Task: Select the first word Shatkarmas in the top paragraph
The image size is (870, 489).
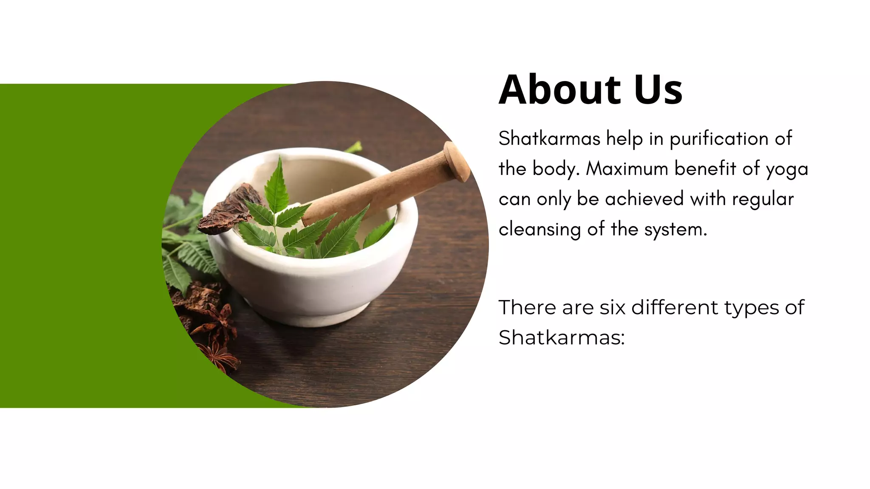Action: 549,138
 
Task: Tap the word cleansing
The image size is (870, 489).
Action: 540,230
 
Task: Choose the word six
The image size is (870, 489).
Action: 613,307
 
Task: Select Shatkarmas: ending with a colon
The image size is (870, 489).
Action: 562,337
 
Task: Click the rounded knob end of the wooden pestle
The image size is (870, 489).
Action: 456,161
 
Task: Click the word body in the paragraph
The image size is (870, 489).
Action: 556,169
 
